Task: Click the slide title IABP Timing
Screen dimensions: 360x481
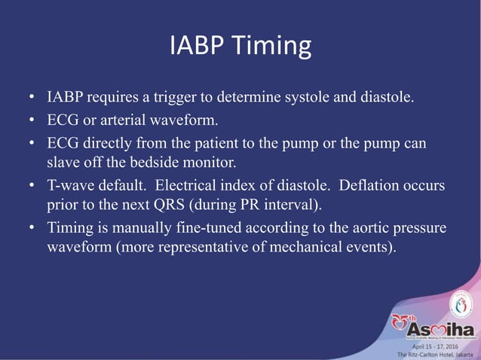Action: (x=240, y=47)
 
